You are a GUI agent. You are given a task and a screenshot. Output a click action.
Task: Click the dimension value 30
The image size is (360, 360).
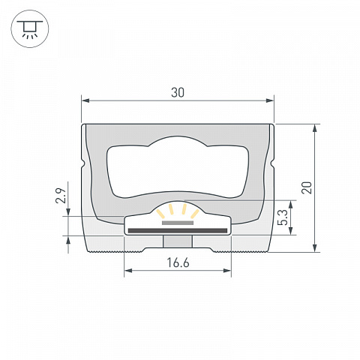(178, 92)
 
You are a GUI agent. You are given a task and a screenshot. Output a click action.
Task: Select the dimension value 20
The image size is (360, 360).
(307, 187)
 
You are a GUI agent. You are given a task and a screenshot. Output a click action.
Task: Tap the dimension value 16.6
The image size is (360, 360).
(178, 262)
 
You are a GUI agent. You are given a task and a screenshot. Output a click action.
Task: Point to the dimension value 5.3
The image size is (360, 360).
(283, 217)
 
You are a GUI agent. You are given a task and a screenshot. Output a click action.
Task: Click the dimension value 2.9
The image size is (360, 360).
(61, 196)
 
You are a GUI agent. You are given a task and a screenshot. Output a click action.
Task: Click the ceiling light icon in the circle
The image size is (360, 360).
(30, 29)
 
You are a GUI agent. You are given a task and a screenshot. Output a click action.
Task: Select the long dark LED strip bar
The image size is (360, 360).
(178, 231)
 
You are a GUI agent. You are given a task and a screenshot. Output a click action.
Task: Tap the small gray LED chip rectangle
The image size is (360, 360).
(178, 223)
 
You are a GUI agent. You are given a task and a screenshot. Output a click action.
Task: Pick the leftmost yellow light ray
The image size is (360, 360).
(160, 214)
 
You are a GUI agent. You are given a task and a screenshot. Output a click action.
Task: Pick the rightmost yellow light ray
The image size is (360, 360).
(195, 214)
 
